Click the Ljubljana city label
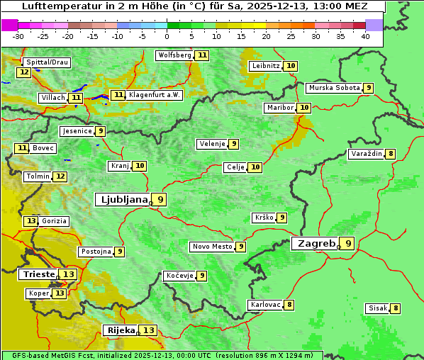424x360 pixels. coord(122,199)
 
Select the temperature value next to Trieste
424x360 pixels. coord(69,274)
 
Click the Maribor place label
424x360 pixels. coord(279,107)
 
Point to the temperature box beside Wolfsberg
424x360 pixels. coord(203,55)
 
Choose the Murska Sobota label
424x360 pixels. coord(333,88)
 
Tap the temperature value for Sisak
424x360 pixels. coord(396,308)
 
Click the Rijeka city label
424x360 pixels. coord(121,330)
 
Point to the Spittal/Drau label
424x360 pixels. coord(47,62)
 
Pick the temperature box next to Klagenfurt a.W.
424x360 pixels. coord(118,95)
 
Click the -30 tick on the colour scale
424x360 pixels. coord(18,36)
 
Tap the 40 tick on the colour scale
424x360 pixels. coord(365,36)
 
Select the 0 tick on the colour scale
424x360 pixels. coord(167,36)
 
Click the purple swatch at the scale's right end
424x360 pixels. coord(374,25)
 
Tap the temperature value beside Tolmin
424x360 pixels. coord(60,176)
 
